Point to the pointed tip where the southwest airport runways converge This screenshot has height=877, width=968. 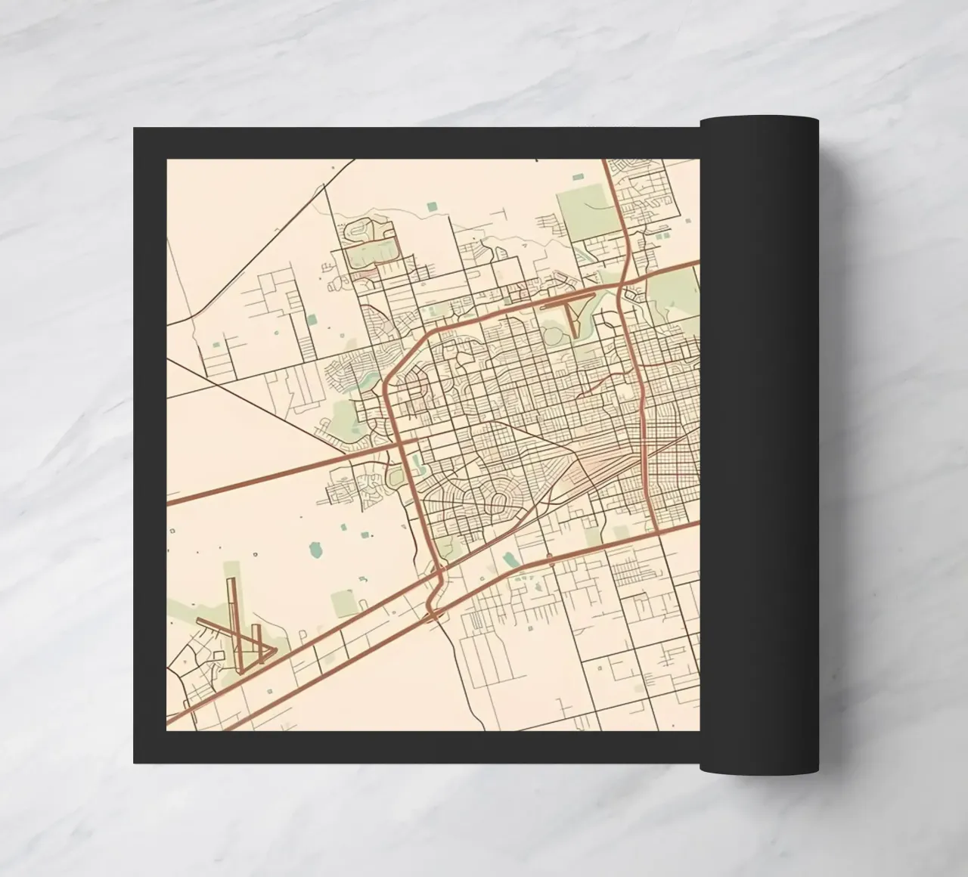click(x=275, y=649)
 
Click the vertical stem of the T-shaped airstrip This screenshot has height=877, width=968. click(x=572, y=318)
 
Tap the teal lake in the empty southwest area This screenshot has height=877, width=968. click(x=316, y=546)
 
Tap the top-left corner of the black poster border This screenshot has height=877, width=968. click(x=135, y=129)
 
